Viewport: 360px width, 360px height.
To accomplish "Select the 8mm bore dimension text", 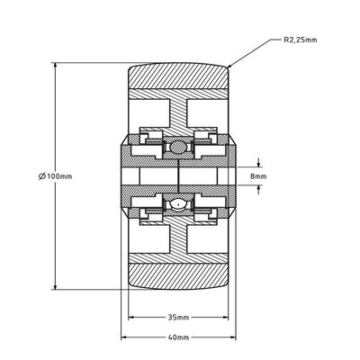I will pos(259,176).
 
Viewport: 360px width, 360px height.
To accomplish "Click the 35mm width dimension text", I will pos(178,318).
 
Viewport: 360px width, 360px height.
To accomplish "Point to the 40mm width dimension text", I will pos(178,337).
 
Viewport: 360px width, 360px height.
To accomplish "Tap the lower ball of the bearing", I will pos(178,206).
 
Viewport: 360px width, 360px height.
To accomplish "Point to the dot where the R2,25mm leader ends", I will pos(230,67).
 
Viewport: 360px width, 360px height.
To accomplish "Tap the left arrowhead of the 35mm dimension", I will pos(130,318).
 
